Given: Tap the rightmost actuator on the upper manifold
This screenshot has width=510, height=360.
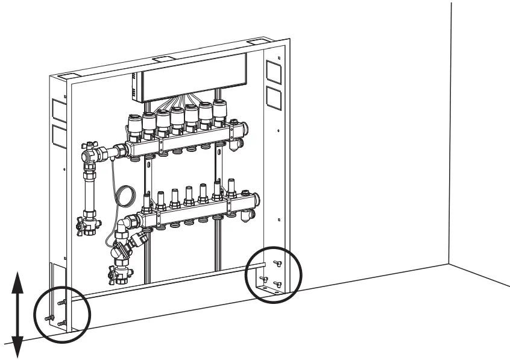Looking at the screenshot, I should click(222, 111).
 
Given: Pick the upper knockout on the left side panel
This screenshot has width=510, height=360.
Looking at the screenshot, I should click(59, 109).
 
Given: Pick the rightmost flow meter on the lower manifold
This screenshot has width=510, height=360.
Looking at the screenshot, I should click(231, 185).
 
